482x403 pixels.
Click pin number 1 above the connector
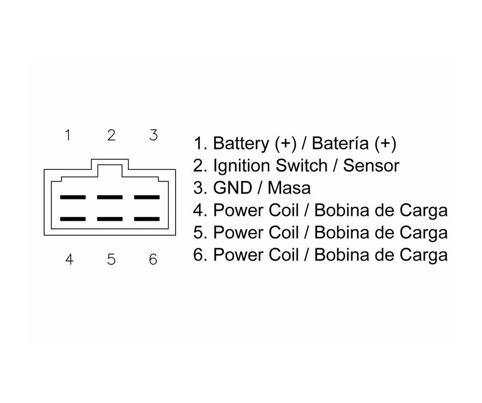coord(68,135)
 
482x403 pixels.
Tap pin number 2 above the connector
coord(111,135)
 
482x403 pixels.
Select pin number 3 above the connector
coord(153,135)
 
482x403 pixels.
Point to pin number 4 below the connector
coord(69,260)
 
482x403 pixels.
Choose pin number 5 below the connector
coord(111,260)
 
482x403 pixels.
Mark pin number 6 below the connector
coord(153,260)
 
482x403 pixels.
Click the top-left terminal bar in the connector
coord(73,197)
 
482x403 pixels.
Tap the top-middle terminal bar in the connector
coord(110,197)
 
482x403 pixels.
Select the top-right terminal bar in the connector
coord(147,197)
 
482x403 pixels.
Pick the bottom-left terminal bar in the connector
coord(73,219)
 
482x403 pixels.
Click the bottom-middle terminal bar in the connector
coord(110,219)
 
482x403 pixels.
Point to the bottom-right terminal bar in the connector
coord(147,219)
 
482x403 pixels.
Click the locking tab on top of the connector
coord(110,166)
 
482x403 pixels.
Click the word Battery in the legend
coord(240,144)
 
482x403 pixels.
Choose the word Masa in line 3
coord(289,188)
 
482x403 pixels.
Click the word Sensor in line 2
coord(371,166)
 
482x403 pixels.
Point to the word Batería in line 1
coord(340,144)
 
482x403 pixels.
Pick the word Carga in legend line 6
coord(423,255)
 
